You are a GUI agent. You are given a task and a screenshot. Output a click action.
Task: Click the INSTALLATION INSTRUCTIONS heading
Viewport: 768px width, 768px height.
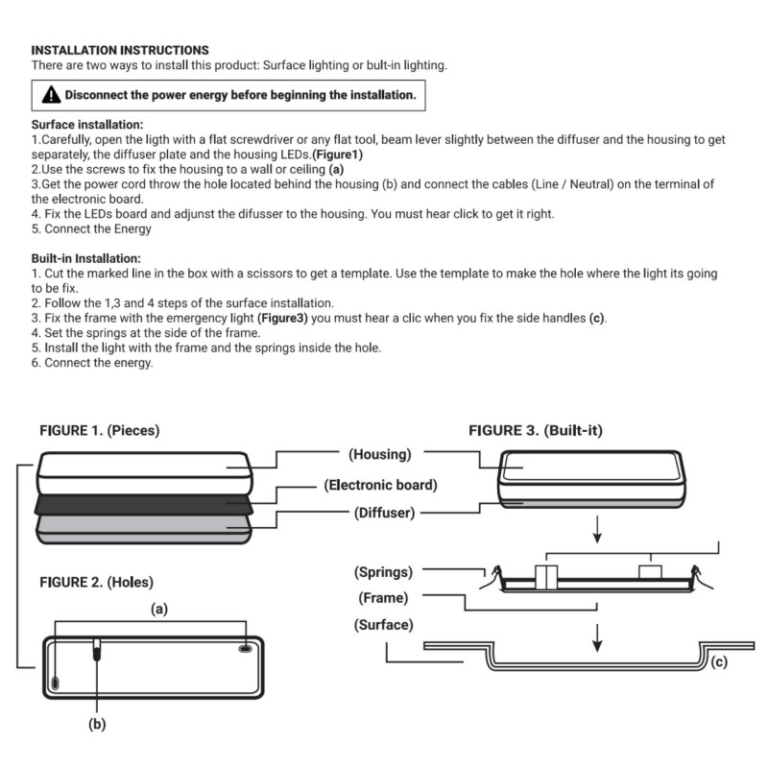[120, 49]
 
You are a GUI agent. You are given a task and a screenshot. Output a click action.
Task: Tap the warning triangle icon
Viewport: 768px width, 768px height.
[50, 95]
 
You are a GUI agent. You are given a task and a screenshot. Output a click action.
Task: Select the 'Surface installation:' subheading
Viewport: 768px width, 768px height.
[87, 125]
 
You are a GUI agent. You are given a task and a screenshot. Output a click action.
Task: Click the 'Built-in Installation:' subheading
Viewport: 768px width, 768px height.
[86, 258]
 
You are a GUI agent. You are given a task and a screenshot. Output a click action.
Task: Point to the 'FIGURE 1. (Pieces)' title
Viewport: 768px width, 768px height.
[100, 431]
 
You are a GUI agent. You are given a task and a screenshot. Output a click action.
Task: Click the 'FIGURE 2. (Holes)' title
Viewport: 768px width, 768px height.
[96, 582]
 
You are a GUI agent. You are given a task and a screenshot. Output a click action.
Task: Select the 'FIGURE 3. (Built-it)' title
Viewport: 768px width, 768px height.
[536, 431]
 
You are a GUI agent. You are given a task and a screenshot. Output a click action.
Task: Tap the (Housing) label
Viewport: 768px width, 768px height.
[380, 453]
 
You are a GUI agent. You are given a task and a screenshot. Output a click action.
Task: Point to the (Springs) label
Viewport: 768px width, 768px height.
[383, 572]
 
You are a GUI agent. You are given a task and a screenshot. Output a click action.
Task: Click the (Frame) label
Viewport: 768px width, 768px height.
[384, 598]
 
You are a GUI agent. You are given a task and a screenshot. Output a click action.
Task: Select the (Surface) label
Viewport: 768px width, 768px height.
[383, 624]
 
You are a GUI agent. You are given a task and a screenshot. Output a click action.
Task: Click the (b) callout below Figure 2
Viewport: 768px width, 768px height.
[96, 725]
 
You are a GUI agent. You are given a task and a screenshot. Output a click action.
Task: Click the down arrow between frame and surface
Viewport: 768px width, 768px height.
[597, 634]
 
